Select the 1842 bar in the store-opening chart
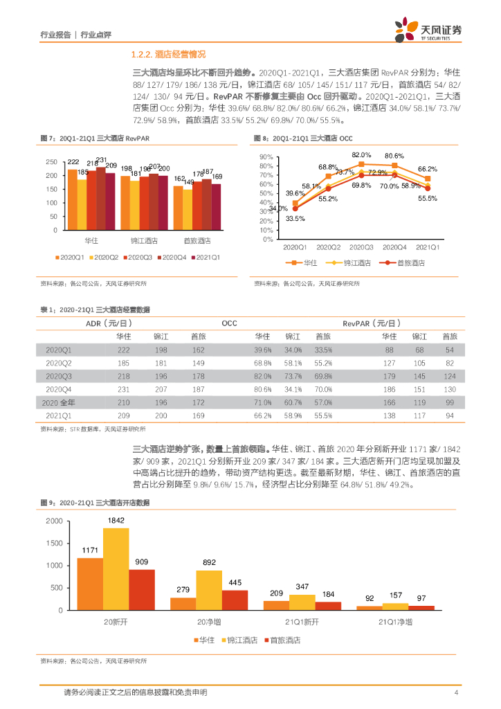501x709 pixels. coord(116,568)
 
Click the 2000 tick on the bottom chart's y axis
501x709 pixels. coord(53,521)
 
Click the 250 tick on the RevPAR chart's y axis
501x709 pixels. coord(51,162)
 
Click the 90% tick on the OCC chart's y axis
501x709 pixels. coord(267,158)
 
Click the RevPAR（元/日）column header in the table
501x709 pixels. coord(371,323)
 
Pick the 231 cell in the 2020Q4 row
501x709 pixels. coord(124,389)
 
